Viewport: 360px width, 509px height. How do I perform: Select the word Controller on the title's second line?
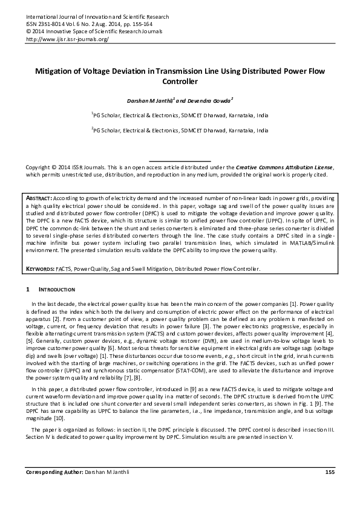tap(180, 80)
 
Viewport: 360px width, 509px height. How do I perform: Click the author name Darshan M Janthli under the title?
tap(145, 99)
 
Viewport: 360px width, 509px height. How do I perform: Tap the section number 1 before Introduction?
tap(28, 291)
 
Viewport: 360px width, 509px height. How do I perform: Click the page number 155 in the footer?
tap(330, 488)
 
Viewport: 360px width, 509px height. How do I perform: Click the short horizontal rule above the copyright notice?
tap(179, 161)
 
